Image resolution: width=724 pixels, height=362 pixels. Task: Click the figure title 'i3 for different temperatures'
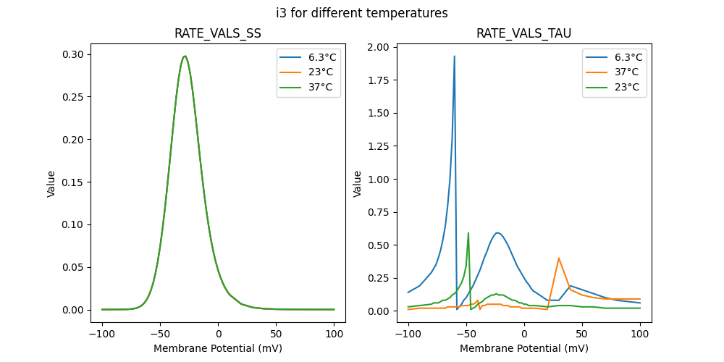coord(362,13)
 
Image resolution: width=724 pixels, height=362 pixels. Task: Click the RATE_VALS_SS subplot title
coord(218,33)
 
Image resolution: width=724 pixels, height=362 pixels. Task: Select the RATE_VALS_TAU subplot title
coord(523,33)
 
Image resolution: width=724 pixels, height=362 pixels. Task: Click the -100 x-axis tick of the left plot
coord(102,335)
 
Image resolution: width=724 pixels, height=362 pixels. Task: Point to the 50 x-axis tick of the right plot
coord(581,335)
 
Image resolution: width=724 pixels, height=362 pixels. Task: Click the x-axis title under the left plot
coord(218,348)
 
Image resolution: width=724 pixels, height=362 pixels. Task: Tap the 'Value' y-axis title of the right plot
coord(357,184)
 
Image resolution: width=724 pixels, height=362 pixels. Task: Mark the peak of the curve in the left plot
coord(185,56)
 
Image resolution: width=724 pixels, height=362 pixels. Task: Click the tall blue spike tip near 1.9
coord(455,56)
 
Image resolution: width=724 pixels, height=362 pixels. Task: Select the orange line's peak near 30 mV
coord(559,258)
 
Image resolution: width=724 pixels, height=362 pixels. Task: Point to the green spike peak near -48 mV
coord(468,233)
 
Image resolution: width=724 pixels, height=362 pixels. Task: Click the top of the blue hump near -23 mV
coord(497,233)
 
